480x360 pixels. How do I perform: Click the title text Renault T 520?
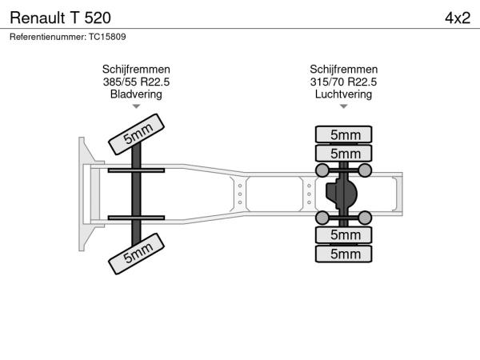(60, 18)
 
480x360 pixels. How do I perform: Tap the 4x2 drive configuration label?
(458, 18)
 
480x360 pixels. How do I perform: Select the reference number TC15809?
(107, 37)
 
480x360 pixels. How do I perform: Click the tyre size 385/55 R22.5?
(136, 82)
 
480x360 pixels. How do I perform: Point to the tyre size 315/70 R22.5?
(343, 82)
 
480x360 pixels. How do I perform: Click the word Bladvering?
(136, 94)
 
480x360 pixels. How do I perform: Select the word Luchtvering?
(343, 94)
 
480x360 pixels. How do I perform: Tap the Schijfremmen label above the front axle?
(136, 69)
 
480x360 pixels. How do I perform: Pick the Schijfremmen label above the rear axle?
(343, 69)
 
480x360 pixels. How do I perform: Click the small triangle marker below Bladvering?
(136, 106)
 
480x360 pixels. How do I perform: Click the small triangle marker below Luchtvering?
(343, 106)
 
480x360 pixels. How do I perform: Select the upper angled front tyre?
(136, 134)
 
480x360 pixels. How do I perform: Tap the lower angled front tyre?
(136, 254)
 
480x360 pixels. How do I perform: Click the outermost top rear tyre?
(343, 134)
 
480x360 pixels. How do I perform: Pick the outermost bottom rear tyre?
(343, 254)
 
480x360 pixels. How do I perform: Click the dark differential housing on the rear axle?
(342, 194)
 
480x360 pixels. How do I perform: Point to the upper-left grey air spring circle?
(322, 170)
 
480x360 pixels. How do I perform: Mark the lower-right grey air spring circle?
(365, 218)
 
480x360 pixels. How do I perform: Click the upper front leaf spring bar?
(136, 170)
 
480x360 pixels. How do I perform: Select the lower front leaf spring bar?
(136, 218)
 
